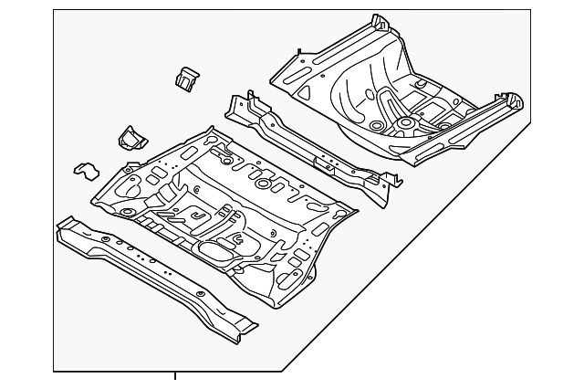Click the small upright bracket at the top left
(x=186, y=78)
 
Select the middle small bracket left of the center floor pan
(x=130, y=138)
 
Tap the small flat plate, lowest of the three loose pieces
(x=85, y=170)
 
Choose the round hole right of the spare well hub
(x=445, y=126)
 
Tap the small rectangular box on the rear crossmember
(x=324, y=162)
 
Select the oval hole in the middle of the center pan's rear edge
(x=263, y=184)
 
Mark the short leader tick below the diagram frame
(x=175, y=375)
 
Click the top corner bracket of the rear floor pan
(x=377, y=20)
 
